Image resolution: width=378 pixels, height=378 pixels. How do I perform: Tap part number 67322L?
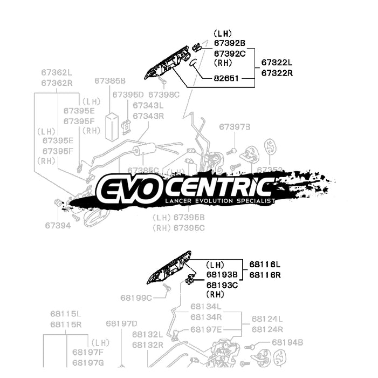coord(277,63)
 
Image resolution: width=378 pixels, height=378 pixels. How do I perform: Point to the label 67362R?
coord(57,83)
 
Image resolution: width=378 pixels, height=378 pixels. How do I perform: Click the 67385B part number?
coord(109,80)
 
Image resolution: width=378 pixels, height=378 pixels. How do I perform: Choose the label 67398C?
coord(163,94)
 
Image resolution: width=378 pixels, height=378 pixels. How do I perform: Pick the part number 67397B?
coord(235,127)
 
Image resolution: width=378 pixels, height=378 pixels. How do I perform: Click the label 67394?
coord(58,225)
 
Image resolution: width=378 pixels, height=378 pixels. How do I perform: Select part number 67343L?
coord(148,105)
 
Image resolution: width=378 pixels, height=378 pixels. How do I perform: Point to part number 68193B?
coord(222,274)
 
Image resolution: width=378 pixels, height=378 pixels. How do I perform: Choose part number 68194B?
coord(287,342)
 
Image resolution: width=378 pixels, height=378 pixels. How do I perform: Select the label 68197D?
coord(121,323)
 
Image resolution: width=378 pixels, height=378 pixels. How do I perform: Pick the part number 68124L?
coord(267,319)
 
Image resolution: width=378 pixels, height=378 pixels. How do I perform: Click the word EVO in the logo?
coord(126,188)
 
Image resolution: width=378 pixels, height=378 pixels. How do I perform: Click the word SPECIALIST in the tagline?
coord(254,201)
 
